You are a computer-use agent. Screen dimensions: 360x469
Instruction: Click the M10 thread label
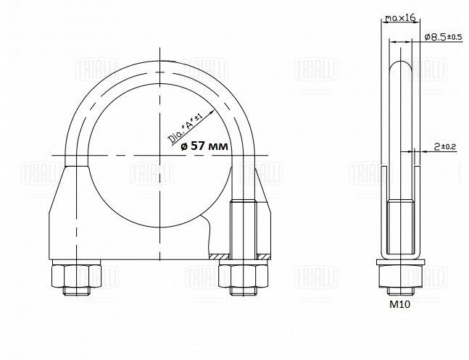[398, 306]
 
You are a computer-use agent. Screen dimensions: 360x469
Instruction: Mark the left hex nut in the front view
[75, 275]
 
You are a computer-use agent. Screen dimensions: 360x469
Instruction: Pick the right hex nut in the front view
[239, 275]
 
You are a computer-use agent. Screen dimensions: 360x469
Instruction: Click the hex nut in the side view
[398, 275]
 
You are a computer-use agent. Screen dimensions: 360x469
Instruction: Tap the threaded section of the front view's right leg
[240, 228]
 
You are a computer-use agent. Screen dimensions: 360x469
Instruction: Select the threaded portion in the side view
[398, 228]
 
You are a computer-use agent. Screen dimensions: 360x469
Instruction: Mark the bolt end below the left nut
[75, 291]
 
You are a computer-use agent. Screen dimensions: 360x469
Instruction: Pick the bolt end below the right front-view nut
[239, 291]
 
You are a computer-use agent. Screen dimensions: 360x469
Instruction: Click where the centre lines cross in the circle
[157, 154]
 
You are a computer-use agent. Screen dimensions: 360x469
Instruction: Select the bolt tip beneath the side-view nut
[398, 290]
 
